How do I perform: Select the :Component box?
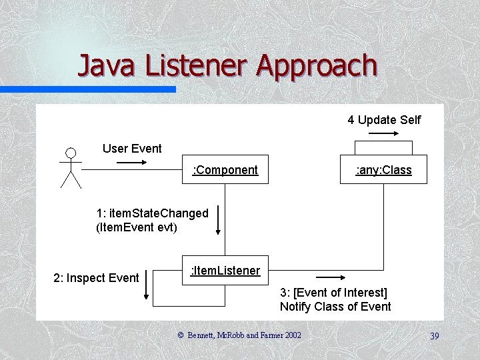coord(225,170)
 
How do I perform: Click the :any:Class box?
coord(383,170)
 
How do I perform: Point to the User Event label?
coord(132,148)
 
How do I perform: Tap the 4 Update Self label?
coord(384,120)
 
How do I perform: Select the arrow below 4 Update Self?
coord(383,133)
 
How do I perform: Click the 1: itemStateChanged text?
coord(152,213)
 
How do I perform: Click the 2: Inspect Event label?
coord(96,277)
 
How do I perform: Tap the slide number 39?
coord(434,336)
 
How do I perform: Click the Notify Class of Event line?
coord(335,307)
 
